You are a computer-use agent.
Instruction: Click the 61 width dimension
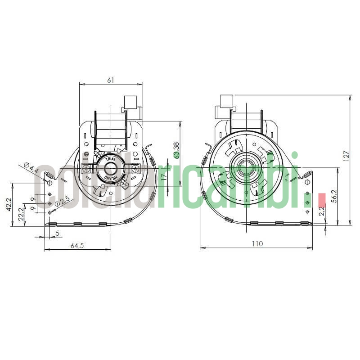coord(111,80)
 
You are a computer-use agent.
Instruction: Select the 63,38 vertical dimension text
coord(176,151)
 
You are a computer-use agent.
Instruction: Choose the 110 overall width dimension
coord(256,244)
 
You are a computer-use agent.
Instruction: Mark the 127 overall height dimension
coord(346,155)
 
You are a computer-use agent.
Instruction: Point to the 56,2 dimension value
coord(334,196)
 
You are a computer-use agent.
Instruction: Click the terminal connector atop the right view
coord(226,103)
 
